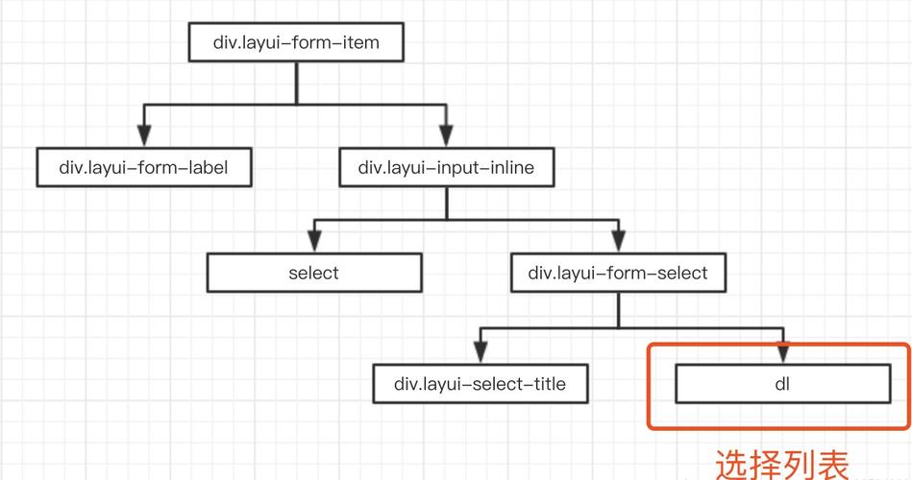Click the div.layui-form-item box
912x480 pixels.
pos(296,42)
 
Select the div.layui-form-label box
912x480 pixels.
pos(144,167)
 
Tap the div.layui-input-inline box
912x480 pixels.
pos(447,167)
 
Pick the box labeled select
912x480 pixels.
pos(314,273)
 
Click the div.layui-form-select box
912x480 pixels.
pos(618,273)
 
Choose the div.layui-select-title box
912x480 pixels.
pos(481,384)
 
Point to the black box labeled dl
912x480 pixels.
pos(783,384)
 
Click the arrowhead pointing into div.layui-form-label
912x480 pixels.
pos(144,135)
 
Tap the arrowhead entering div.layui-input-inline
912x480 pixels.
pos(447,135)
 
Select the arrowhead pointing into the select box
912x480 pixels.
pos(314,241)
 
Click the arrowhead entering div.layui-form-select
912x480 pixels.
pos(618,241)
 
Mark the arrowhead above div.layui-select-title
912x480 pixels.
pos(481,352)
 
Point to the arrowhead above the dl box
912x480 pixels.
pos(783,352)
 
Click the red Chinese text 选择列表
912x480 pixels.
pos(781,465)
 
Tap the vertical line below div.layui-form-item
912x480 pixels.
pos(297,84)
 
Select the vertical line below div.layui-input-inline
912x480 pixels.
pos(447,204)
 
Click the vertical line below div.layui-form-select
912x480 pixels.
pos(618,310)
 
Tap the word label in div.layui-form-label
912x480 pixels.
pos(208,167)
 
